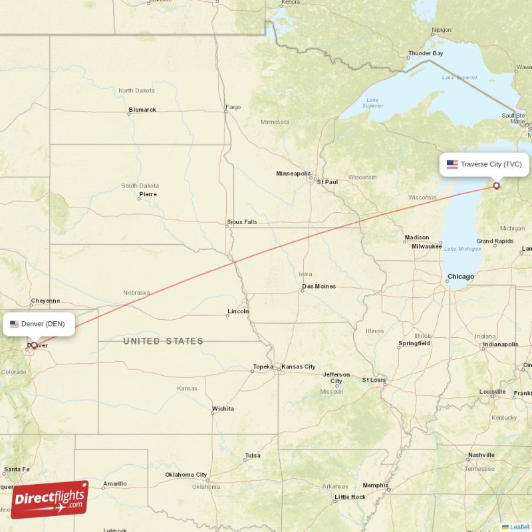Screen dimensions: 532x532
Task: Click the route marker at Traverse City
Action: point(496,186)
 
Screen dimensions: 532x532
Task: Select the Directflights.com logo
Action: point(50,499)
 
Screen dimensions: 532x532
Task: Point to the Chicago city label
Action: point(461,277)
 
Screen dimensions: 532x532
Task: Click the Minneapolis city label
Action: point(293,174)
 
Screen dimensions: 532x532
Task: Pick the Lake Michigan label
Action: point(462,249)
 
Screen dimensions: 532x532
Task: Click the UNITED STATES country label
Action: point(163,341)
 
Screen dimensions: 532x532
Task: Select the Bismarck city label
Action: point(142,110)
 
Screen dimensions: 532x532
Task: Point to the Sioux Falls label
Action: point(242,222)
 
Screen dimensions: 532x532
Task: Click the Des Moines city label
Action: point(319,287)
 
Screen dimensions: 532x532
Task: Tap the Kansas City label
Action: point(298,367)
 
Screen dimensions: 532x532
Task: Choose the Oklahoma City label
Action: point(186,475)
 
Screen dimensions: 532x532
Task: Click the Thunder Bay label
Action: point(426,53)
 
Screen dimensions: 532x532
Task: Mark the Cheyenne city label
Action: point(45,301)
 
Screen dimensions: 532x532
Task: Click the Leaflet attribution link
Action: point(519,527)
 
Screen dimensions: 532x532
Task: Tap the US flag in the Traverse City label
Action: point(452,164)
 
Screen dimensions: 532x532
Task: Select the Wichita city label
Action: point(223,408)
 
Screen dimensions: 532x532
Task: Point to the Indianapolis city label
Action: point(500,344)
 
